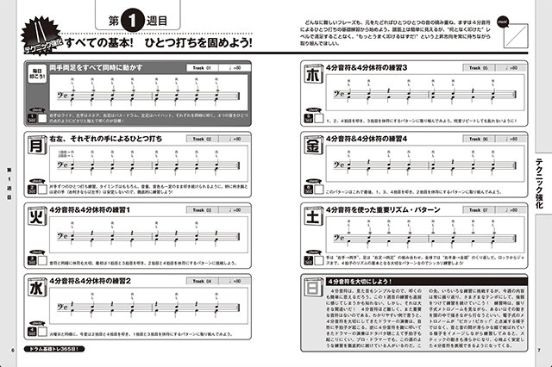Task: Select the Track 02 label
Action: pyautogui.click(x=204, y=138)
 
